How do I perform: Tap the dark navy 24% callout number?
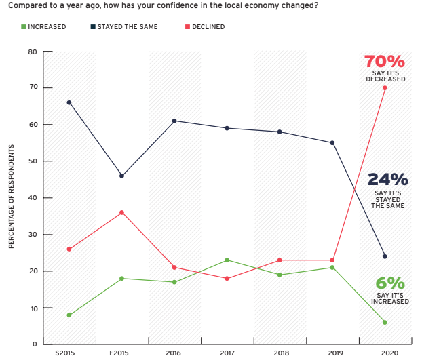[387, 180]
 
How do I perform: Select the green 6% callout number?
[389, 283]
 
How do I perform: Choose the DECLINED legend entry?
[204, 27]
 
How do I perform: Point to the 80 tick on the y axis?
[32, 52]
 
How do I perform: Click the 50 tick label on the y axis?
[32, 161]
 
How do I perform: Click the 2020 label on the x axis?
[385, 353]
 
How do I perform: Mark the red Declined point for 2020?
[385, 88]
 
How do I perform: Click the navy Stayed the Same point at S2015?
[69, 102]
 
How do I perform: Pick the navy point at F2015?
[121, 176]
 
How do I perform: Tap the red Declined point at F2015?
[121, 212]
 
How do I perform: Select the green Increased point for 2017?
[227, 260]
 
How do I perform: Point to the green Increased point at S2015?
[69, 315]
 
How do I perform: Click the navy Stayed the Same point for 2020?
[385, 256]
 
